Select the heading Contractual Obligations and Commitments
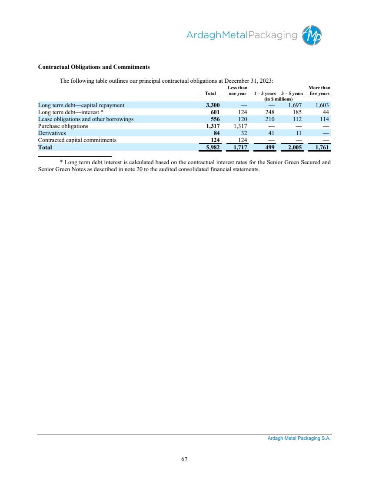pos(94,67)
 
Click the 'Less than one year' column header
pos(238,91)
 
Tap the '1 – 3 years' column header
pos(265,93)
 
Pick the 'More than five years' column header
pos(319,91)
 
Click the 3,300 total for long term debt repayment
pos(213,105)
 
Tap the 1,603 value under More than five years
pos(322,105)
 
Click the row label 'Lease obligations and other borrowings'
pos(86,119)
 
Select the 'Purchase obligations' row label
pos(63,126)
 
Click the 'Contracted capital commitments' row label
pos(77,140)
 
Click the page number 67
pos(184,459)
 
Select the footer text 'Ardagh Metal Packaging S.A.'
pos(299,439)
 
